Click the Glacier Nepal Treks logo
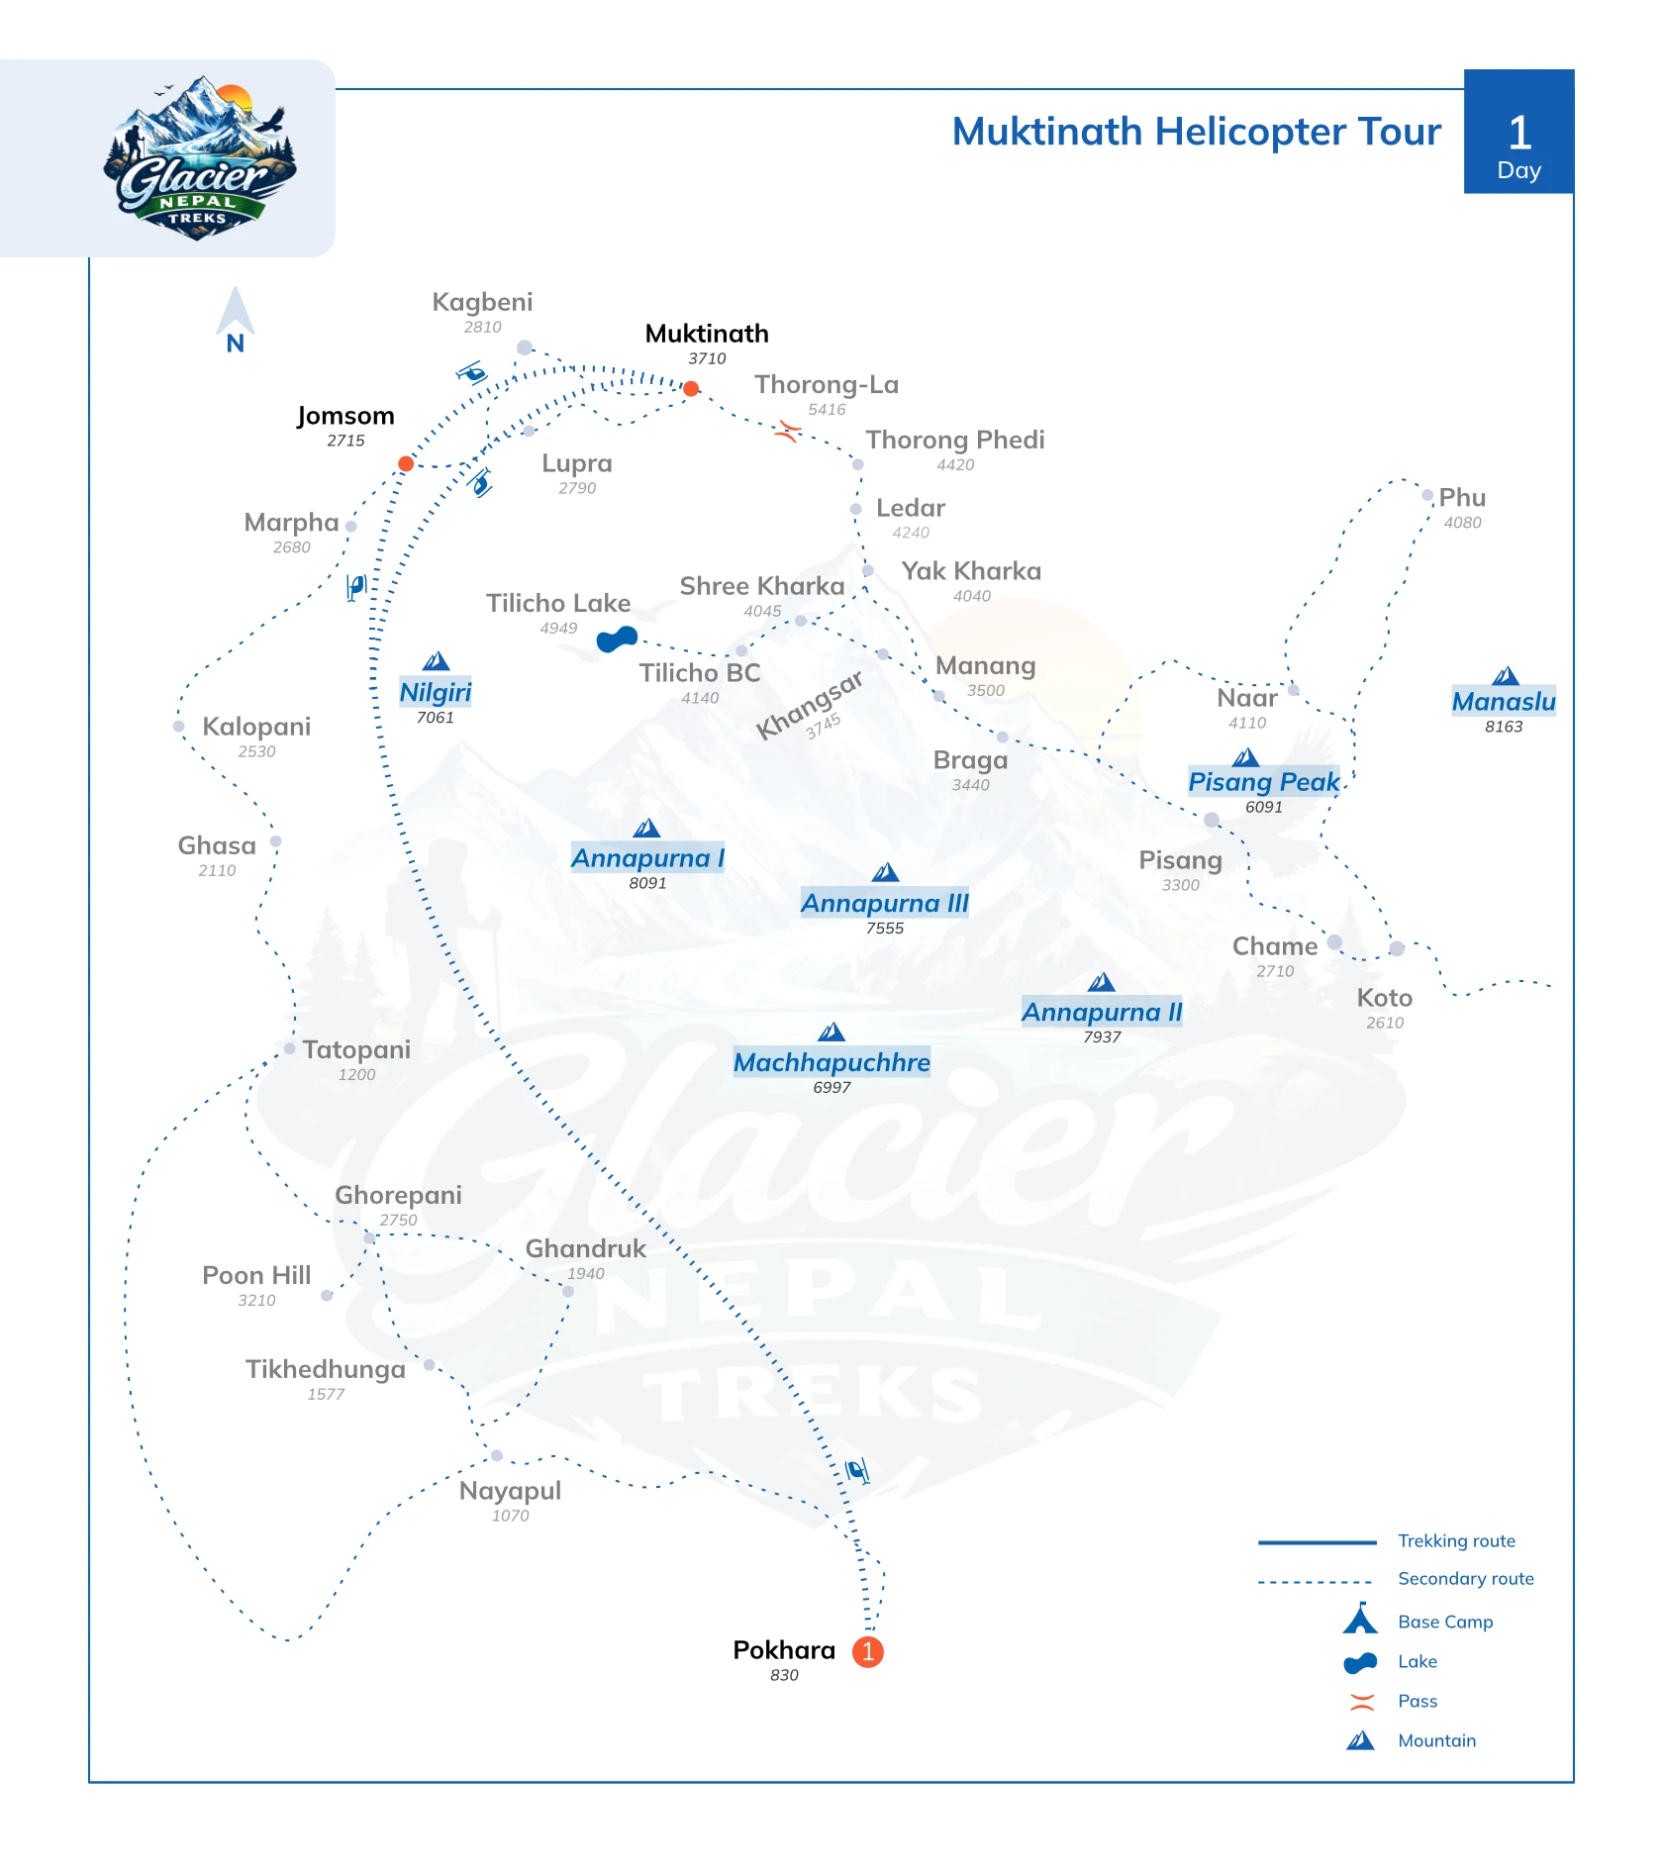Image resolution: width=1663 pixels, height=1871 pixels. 199,158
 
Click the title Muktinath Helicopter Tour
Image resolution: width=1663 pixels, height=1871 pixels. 1196,132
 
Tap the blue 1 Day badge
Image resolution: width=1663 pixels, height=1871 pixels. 1518,132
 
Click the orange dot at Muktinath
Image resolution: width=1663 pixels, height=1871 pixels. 691,388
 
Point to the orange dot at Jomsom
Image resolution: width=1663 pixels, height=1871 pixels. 406,463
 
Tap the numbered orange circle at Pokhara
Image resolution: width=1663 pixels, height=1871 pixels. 868,1651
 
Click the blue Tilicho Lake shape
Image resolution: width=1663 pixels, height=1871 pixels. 617,640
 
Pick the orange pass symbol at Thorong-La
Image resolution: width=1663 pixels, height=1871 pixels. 788,431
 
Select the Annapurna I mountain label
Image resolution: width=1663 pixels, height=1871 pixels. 648,857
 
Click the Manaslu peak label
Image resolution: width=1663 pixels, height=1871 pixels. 1504,701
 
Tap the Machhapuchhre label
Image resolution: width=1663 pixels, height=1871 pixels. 831,1062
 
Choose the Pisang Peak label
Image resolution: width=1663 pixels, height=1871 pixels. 1264,781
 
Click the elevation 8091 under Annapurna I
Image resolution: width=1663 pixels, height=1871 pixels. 647,883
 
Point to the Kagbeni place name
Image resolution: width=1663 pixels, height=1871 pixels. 482,302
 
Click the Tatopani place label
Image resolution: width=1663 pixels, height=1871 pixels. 356,1049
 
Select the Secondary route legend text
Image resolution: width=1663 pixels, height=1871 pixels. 1466,1578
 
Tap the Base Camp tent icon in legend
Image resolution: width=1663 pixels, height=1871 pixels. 1360,1618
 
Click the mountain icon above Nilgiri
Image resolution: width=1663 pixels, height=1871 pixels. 436,661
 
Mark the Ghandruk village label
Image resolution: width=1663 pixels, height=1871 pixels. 585,1248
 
